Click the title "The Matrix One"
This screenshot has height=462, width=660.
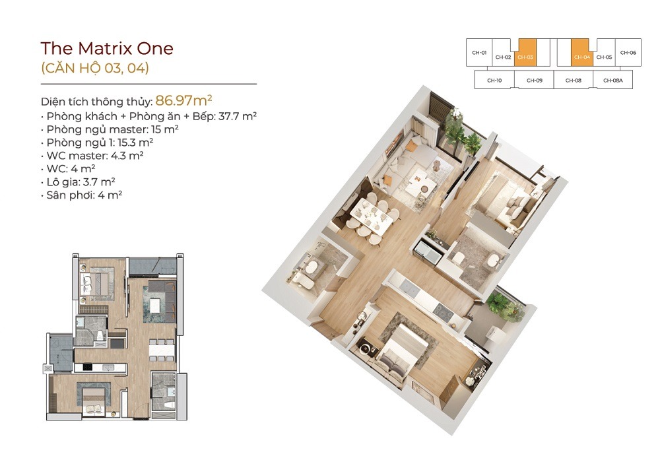(x=107, y=49)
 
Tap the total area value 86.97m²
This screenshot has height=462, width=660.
(x=183, y=100)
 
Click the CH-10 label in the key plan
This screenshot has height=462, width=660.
(x=494, y=81)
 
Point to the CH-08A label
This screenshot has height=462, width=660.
(x=613, y=81)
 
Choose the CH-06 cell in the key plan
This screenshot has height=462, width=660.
(x=628, y=52)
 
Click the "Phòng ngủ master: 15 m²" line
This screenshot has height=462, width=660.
(x=110, y=129)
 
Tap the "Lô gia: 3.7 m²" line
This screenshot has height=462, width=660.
(x=79, y=181)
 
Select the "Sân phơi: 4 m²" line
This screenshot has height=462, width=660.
(x=82, y=195)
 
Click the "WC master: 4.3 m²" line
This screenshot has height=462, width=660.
(x=92, y=156)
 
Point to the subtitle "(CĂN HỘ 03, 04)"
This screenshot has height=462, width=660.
(x=94, y=68)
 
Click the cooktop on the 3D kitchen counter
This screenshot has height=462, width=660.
(x=443, y=312)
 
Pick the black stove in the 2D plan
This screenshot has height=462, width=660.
(x=88, y=368)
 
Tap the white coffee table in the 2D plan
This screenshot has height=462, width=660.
(x=155, y=305)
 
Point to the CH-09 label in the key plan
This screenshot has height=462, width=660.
(x=534, y=81)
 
